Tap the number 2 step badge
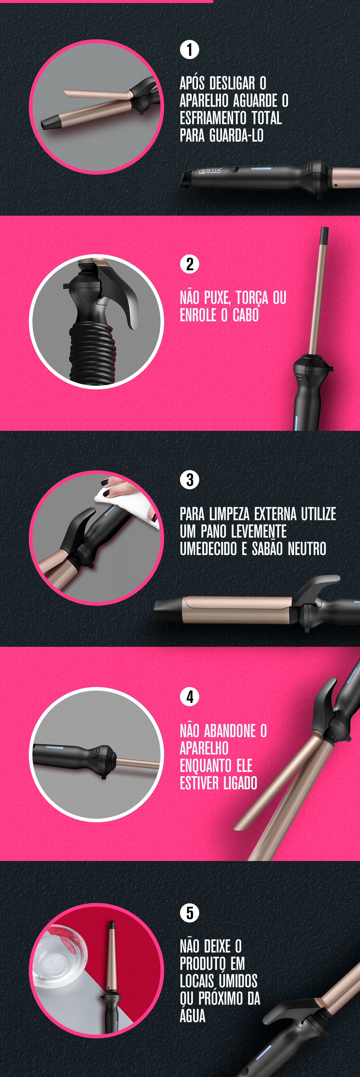point(189,264)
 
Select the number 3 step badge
point(189,479)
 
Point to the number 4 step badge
point(189,697)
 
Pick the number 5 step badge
point(189,912)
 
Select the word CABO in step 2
point(246,315)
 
